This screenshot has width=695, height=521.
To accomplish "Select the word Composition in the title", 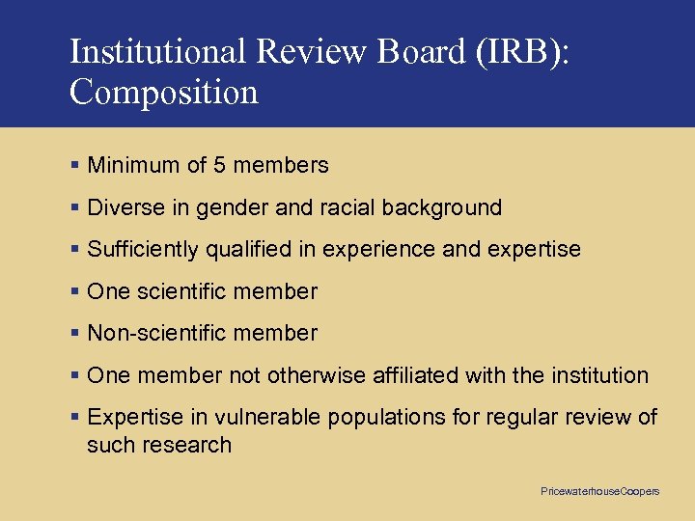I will tap(164, 93).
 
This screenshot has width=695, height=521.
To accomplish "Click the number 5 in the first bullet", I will tap(219, 165).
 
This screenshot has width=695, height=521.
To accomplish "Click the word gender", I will tap(222, 207).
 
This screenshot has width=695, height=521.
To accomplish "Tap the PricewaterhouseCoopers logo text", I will tap(599, 492).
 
